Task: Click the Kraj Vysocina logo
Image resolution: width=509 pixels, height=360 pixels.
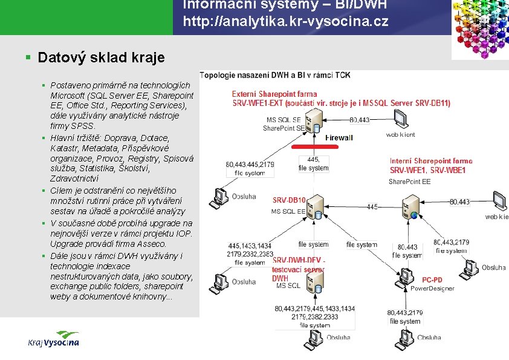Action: coord(53,339)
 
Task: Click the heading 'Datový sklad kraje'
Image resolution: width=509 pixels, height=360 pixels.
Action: coord(100,57)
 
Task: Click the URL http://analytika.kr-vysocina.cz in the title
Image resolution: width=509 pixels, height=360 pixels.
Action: coord(285,23)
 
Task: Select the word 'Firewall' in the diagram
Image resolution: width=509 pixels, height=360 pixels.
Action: coord(339,138)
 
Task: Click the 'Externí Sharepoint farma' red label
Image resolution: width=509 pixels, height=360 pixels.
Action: coord(275,94)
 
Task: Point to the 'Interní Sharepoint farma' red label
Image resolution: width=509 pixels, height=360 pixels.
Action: coord(431,162)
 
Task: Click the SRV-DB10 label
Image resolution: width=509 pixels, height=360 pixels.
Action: coord(289,200)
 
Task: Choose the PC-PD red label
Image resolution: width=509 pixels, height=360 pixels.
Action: coord(432,280)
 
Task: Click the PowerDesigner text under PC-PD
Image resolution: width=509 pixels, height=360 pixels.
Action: coord(432,289)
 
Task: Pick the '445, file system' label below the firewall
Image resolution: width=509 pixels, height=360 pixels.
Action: coord(313,163)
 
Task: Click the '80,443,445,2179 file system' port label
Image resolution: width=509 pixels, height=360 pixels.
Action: coord(250,168)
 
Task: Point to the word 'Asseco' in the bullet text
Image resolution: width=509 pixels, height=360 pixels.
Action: coord(152,244)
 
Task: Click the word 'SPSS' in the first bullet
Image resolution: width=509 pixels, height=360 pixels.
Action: coord(82,126)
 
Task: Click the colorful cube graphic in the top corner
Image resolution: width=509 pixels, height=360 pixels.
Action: coord(481,29)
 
